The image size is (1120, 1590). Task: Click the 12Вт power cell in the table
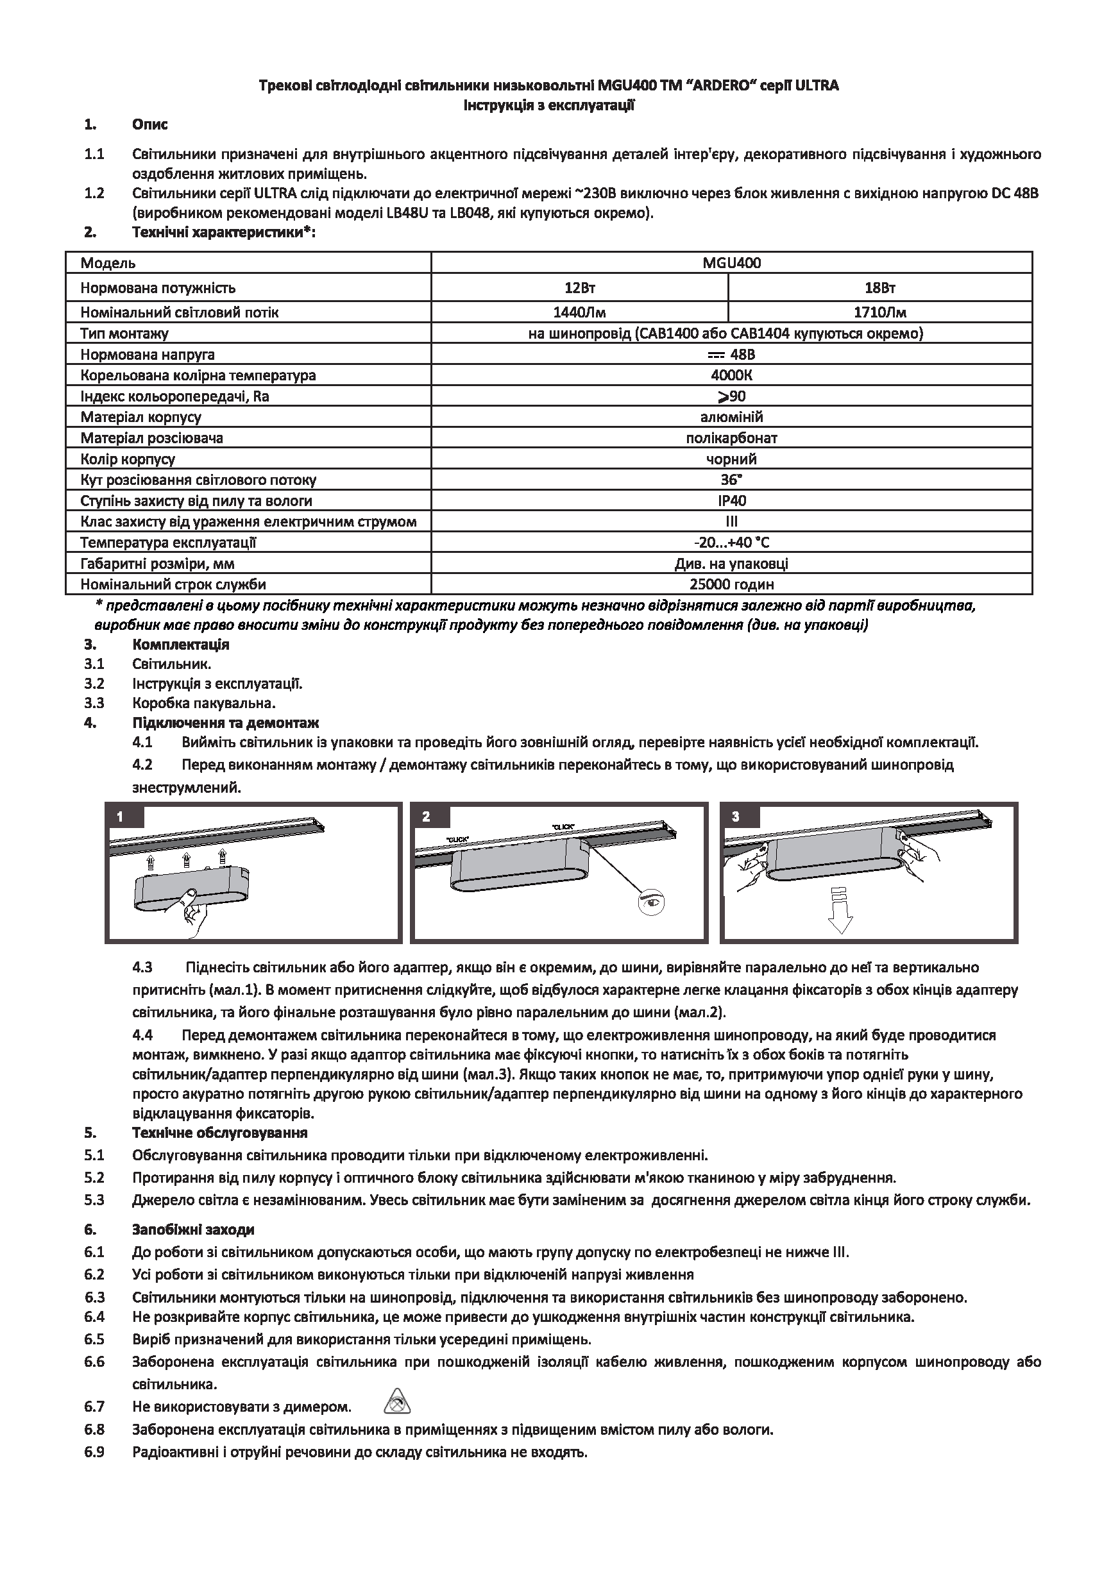pyautogui.click(x=579, y=288)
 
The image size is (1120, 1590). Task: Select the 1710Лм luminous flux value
pyautogui.click(x=879, y=312)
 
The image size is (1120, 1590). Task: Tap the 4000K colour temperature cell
pyautogui.click(x=731, y=375)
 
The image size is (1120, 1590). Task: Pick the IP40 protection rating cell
pyautogui.click(x=731, y=501)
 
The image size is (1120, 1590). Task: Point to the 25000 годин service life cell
pyautogui.click(x=731, y=584)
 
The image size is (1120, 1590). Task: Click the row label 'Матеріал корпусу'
pyautogui.click(x=140, y=417)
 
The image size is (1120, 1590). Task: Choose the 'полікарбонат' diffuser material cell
pyautogui.click(x=731, y=437)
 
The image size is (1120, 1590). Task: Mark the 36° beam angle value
pyautogui.click(x=731, y=480)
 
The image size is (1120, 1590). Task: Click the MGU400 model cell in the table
pyautogui.click(x=731, y=263)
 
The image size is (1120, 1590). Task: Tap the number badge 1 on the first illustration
pyautogui.click(x=120, y=817)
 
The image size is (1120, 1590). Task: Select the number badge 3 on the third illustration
pyautogui.click(x=736, y=817)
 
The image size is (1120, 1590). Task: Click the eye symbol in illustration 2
pyautogui.click(x=652, y=902)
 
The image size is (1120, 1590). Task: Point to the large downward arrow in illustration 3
pyautogui.click(x=840, y=912)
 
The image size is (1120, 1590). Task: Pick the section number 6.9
pyautogui.click(x=94, y=1452)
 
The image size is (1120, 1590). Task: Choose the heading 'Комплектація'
pyautogui.click(x=181, y=645)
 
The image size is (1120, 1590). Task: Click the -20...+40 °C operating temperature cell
pyautogui.click(x=731, y=542)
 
